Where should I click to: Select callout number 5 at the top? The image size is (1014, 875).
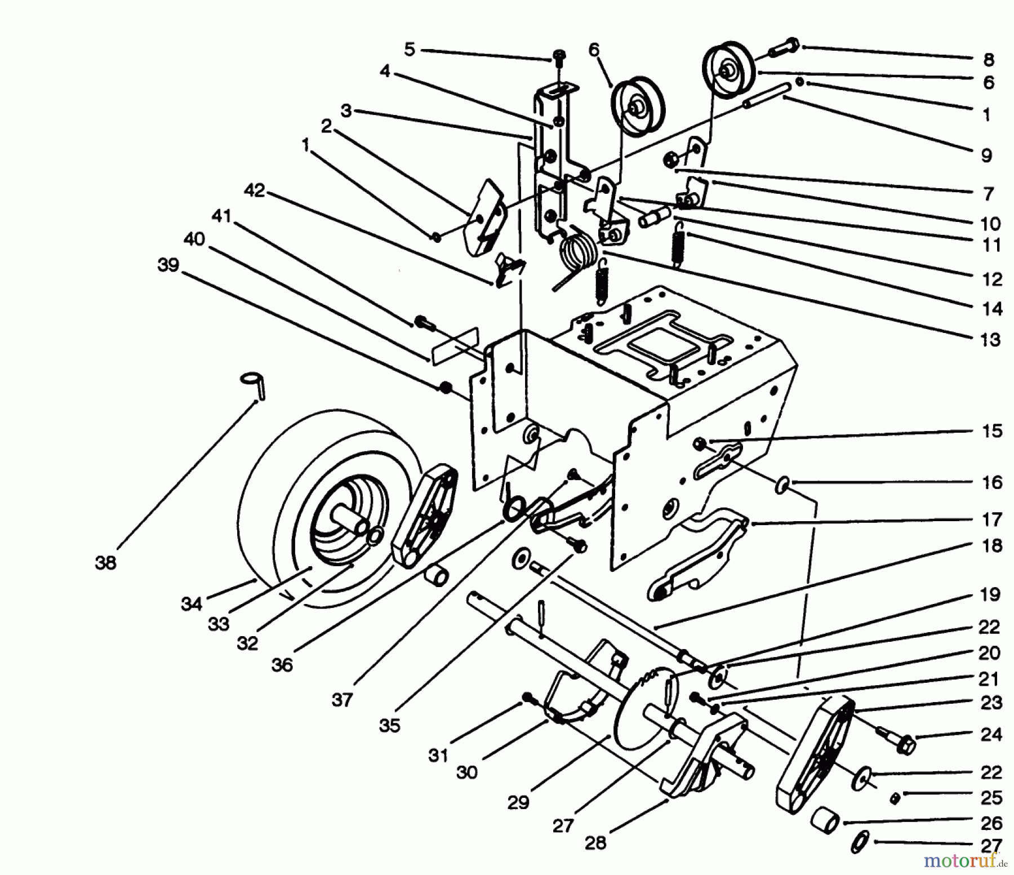coord(410,50)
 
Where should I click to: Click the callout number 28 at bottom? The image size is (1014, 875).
coord(595,843)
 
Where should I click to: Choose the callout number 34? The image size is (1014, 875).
coord(192,604)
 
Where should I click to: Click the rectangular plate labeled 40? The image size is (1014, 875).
coord(455,347)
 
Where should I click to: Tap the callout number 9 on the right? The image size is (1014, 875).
coord(986,156)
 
